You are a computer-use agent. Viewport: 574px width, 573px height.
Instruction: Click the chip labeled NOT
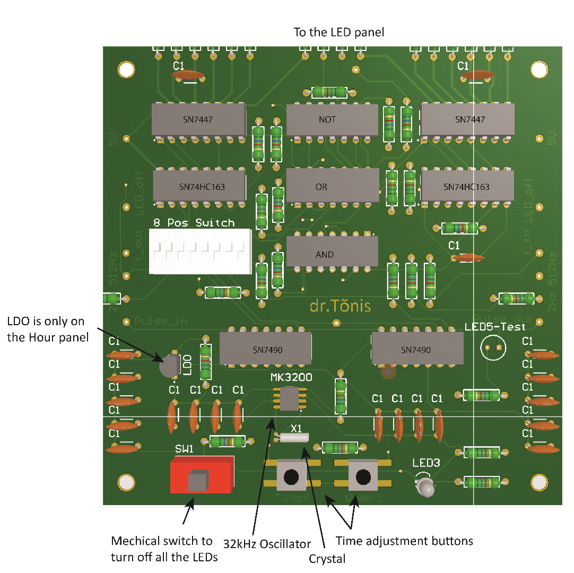pyautogui.click(x=332, y=120)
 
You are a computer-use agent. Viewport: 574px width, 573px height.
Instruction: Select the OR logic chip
pyautogui.click(x=333, y=186)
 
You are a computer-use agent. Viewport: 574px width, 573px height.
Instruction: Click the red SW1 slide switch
pyautogui.click(x=202, y=474)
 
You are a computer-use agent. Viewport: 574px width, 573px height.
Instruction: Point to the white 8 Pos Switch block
pyautogui.click(x=200, y=251)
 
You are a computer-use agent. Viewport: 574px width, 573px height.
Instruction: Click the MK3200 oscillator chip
pyautogui.click(x=290, y=398)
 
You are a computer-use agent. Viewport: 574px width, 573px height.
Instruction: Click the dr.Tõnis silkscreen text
pyautogui.click(x=340, y=306)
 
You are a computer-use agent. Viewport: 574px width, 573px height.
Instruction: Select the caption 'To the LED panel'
pyautogui.click(x=338, y=32)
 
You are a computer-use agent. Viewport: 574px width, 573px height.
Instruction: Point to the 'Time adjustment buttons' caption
pyautogui.click(x=404, y=541)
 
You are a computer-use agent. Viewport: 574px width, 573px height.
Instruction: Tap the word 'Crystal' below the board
pyautogui.click(x=327, y=558)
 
